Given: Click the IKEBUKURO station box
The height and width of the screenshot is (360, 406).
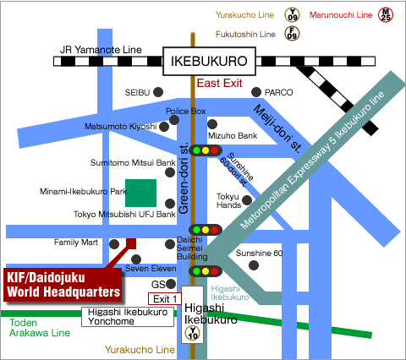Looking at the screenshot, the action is point(209,61).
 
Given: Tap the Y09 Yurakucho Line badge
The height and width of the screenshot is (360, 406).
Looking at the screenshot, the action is point(292,15).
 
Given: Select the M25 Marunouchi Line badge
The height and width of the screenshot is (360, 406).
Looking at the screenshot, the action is point(386,15).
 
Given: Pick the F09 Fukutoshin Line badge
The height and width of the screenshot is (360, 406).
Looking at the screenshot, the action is point(292,34).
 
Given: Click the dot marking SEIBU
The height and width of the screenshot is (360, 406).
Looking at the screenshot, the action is point(158,92).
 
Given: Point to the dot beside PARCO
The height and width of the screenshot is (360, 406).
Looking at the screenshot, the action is point(256,92).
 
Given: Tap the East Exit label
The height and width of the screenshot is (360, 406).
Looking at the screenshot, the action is point(219,83).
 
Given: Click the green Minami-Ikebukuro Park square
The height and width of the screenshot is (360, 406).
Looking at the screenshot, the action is point(140,193).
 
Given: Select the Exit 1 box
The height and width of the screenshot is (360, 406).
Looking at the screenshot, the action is point(165,299).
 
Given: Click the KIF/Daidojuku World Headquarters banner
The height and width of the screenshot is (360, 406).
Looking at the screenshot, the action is point(63,285).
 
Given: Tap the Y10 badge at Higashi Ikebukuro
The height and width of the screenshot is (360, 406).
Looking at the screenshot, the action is point(193,333).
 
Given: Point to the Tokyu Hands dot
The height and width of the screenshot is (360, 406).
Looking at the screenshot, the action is point(247,200).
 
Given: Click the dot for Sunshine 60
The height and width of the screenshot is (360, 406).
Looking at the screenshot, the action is point(254,265).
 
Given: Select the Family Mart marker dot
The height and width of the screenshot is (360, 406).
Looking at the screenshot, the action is point(114,244).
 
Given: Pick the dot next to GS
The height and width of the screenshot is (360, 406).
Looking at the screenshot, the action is point(171,284).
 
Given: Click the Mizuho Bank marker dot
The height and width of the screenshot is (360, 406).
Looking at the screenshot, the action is point(212,124).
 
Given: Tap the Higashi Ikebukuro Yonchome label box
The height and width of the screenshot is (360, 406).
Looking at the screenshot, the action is point(128,317).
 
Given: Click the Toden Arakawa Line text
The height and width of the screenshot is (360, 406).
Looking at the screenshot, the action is point(40,328).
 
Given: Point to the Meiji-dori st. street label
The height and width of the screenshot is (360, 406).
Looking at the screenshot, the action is point(277,128).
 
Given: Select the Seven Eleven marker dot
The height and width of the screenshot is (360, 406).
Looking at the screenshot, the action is point(136,259).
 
